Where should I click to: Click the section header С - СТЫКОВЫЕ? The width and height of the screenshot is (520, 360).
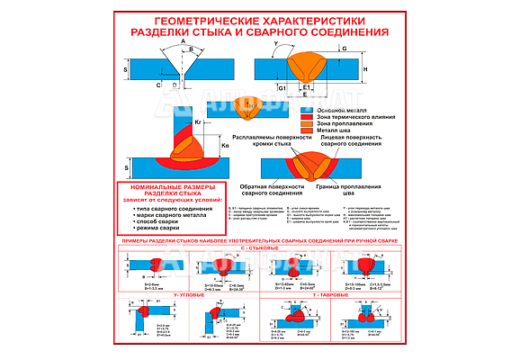tap(259, 247)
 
